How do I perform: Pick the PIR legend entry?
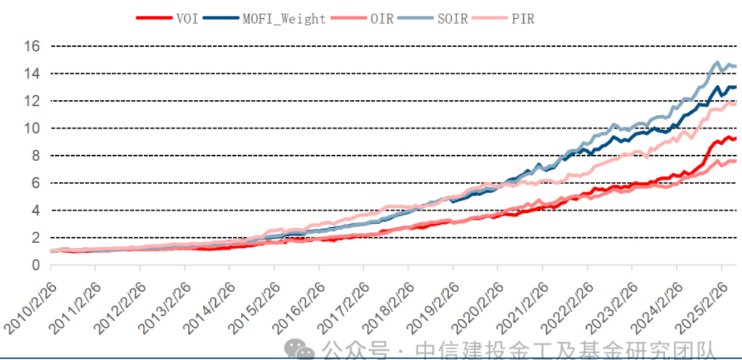[522, 18]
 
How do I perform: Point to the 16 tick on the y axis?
[32, 46]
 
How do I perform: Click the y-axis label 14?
[32, 73]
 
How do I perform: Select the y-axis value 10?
[32, 128]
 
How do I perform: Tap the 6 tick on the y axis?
[35, 182]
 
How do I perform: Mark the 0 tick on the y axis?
[35, 265]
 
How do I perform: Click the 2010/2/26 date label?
[30, 306]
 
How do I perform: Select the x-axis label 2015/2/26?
[254, 306]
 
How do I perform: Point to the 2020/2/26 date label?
[478, 306]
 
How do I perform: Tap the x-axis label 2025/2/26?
[701, 306]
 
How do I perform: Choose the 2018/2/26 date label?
[388, 306]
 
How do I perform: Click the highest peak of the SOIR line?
[718, 62]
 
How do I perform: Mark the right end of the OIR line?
[735, 161]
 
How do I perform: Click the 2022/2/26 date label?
[567, 306]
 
